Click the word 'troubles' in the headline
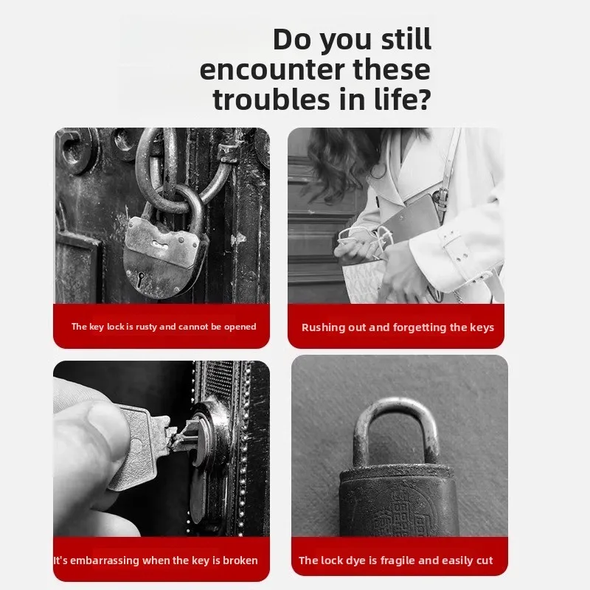(x=272, y=100)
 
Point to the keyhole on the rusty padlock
(x=141, y=279)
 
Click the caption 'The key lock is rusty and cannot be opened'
(x=164, y=327)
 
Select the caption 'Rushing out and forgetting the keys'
(x=398, y=327)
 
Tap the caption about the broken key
(x=156, y=560)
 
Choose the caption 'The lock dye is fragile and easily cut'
(x=395, y=560)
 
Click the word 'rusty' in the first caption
(x=146, y=327)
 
